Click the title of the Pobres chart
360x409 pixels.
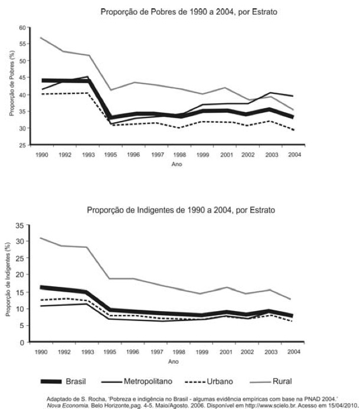coord(180,11)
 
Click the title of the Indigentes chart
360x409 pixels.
coord(180,210)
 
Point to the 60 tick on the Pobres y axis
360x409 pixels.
coord(23,28)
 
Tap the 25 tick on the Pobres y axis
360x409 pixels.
coord(23,145)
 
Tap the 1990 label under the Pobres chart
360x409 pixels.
coord(42,155)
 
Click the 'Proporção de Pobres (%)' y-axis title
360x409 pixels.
coord(11,86)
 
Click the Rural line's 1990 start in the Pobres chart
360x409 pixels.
coord(41,37)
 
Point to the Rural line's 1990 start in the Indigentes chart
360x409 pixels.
coord(41,238)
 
